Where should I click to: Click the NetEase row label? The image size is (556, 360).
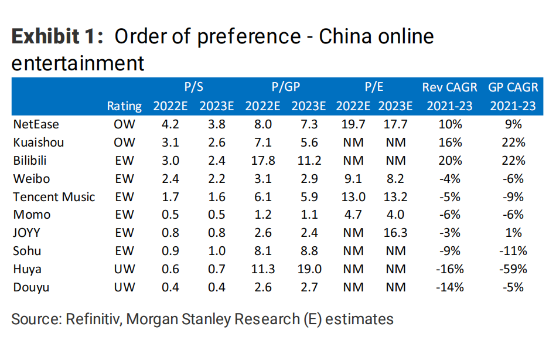[x=36, y=124]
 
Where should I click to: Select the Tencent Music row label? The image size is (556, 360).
[x=53, y=197]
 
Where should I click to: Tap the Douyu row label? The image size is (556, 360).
[x=32, y=287]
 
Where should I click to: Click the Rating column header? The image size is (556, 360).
[x=124, y=106]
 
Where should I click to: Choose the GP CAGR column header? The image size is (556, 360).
[x=513, y=87]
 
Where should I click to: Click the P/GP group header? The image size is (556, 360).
[x=285, y=87]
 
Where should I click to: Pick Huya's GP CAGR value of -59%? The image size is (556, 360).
[x=513, y=269]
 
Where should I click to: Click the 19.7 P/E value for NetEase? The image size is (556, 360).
[x=353, y=124]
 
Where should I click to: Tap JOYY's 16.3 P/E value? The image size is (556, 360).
[x=395, y=233]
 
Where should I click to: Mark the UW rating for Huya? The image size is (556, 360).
[x=124, y=269]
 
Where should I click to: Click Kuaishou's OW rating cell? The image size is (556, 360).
[x=124, y=142]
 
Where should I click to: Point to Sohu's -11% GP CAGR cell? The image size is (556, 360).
[x=513, y=251]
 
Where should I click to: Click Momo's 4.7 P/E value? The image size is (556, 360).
[x=353, y=215]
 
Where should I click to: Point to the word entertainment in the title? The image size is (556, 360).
[x=78, y=63]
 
